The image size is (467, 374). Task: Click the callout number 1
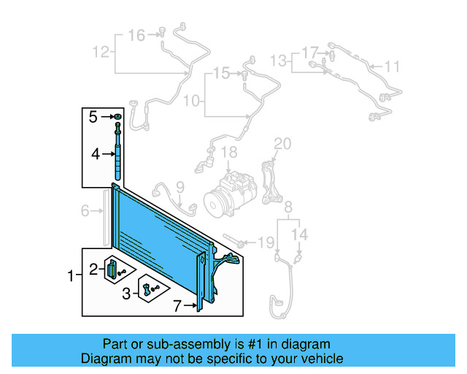pyautogui.click(x=71, y=276)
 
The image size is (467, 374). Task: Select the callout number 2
pyautogui.click(x=93, y=270)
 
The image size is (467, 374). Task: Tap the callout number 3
pyautogui.click(x=126, y=294)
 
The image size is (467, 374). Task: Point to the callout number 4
pyautogui.click(x=95, y=154)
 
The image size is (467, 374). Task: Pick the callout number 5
pyautogui.click(x=93, y=117)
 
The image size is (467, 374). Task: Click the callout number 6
pyautogui.click(x=85, y=211)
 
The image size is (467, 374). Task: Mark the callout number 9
pyautogui.click(x=180, y=187)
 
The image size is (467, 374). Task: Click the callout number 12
pyautogui.click(x=101, y=52)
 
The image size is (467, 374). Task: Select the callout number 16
pyautogui.click(x=136, y=35)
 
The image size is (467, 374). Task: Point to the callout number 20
pyautogui.click(x=282, y=142)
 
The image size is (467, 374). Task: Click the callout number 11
pyautogui.click(x=393, y=67)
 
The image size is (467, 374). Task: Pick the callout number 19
pyautogui.click(x=267, y=242)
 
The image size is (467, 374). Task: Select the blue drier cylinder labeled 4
pyautogui.click(x=117, y=166)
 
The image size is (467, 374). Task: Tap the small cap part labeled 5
pyautogui.click(x=117, y=117)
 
